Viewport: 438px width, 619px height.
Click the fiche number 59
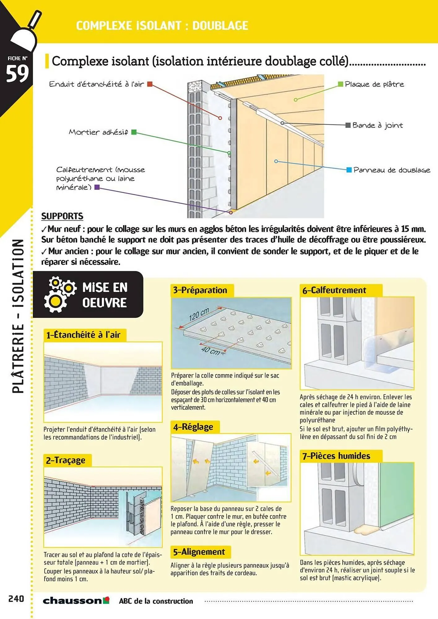click(x=17, y=74)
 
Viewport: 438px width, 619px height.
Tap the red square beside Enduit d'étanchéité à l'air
click(x=150, y=84)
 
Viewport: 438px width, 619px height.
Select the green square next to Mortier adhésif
click(x=134, y=132)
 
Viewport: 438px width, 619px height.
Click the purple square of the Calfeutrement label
click(x=97, y=187)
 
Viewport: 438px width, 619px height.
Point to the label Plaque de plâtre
click(x=374, y=84)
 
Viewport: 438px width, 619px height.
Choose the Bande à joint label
click(x=377, y=125)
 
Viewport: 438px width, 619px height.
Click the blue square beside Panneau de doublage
click(x=349, y=170)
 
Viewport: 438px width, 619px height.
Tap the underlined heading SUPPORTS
click(x=62, y=216)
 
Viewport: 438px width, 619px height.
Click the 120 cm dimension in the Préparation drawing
click(x=199, y=314)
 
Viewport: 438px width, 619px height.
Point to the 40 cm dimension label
click(x=210, y=351)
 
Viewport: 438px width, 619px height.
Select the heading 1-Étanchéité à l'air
click(x=83, y=335)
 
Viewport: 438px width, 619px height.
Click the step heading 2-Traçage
click(x=66, y=460)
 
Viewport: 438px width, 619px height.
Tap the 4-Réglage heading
click(x=193, y=427)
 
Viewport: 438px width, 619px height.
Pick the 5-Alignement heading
click(x=199, y=552)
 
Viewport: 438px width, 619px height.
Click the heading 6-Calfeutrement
click(x=334, y=290)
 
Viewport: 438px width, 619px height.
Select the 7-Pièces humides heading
click(x=336, y=456)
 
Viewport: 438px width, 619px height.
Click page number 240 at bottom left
click(x=16, y=599)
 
